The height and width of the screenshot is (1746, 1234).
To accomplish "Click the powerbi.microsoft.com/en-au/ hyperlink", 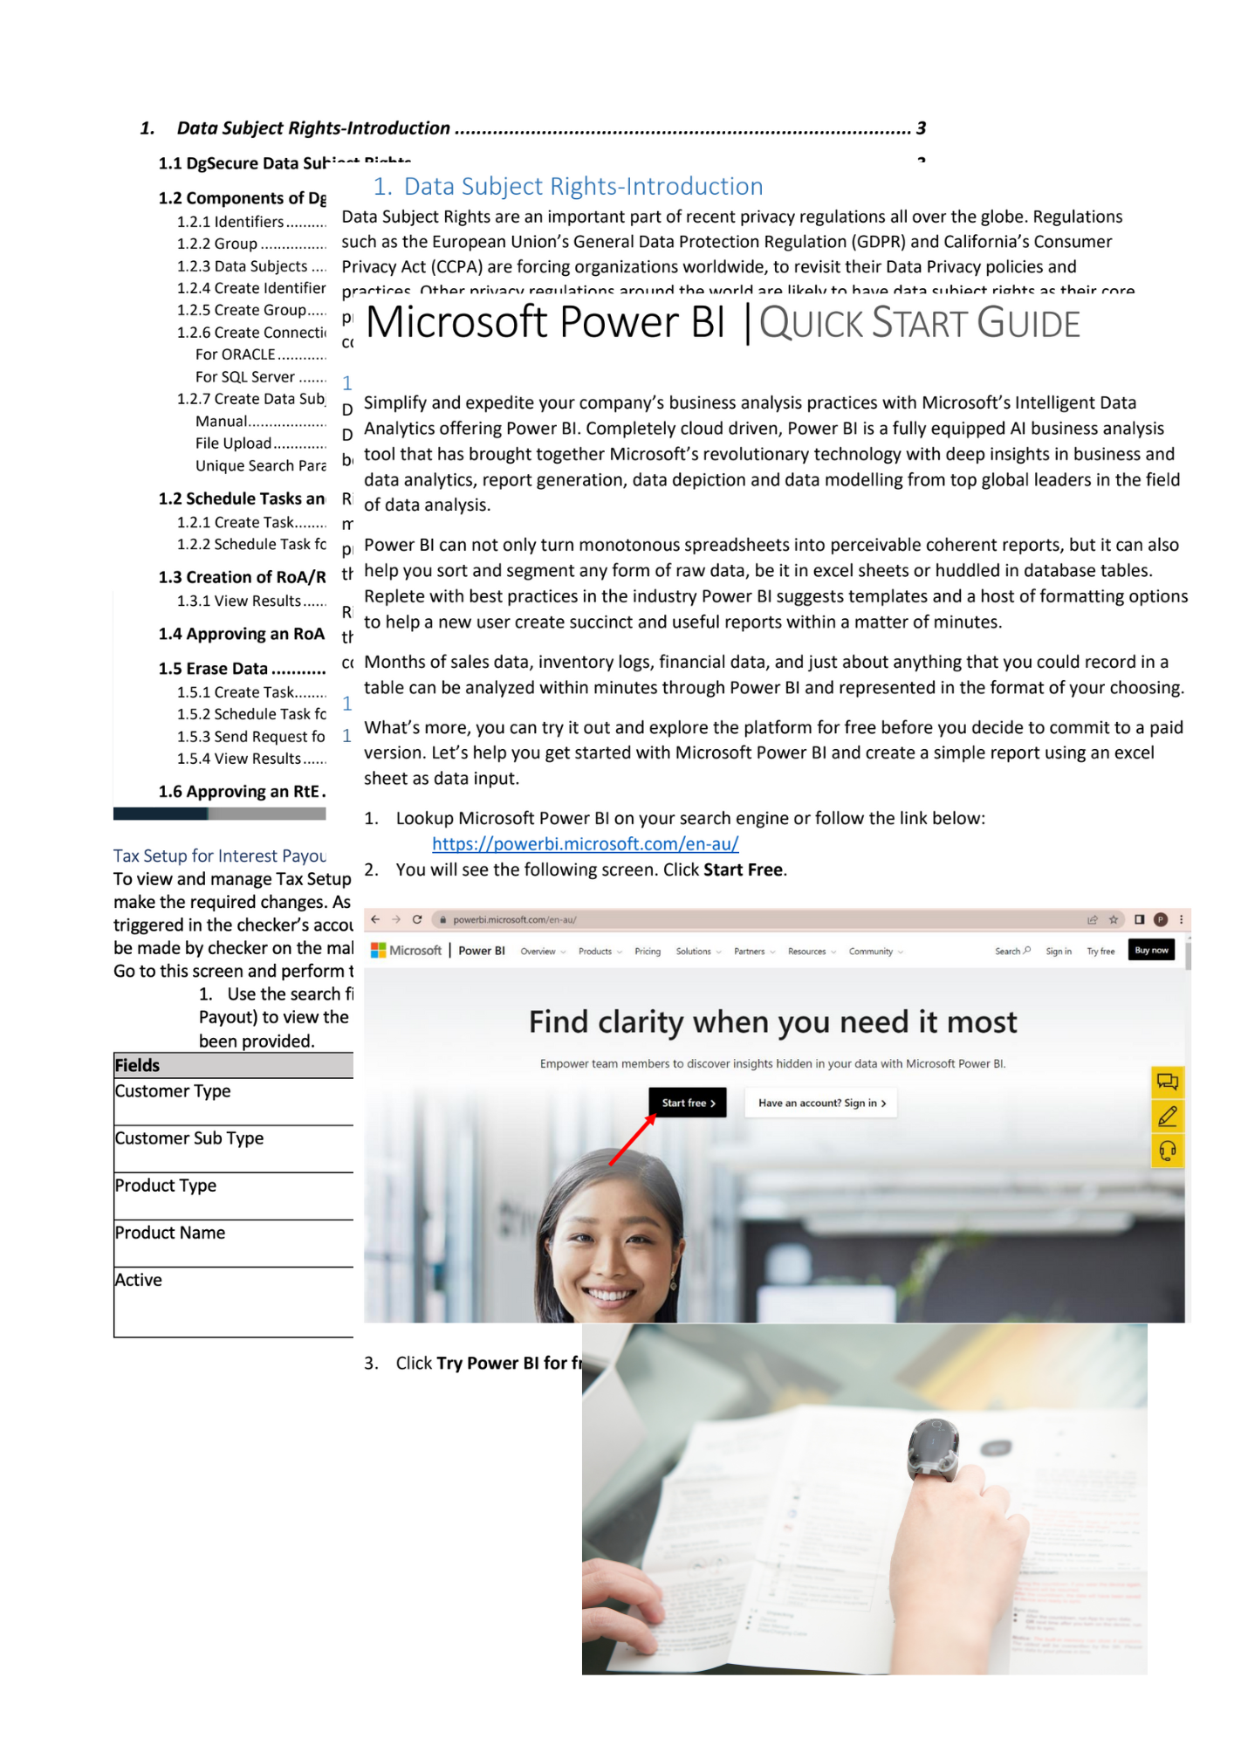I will (x=585, y=844).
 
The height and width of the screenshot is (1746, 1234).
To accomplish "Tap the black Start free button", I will (x=688, y=1103).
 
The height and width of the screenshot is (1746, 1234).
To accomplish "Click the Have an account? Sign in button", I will (x=821, y=1103).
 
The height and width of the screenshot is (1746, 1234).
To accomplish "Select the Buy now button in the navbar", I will (x=1151, y=950).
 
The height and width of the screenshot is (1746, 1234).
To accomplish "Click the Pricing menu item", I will (x=647, y=952).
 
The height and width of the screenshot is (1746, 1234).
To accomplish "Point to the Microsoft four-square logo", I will (x=378, y=951).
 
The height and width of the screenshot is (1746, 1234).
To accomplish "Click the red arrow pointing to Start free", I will (x=632, y=1140).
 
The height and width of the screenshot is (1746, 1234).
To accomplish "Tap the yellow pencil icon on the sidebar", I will (x=1167, y=1117).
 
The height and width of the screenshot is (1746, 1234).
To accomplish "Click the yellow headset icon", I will (x=1167, y=1151).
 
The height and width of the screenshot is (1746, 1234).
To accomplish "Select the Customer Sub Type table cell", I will (x=189, y=1138).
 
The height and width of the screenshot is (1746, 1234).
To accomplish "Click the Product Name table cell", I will (x=170, y=1233).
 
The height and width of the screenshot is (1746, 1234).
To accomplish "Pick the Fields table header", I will (x=138, y=1065).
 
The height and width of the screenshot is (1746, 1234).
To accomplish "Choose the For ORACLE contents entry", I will (x=236, y=354).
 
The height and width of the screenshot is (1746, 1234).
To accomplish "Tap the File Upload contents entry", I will (x=234, y=443).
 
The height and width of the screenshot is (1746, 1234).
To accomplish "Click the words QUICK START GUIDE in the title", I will (x=919, y=324).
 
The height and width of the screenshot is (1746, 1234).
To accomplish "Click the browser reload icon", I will (x=417, y=919).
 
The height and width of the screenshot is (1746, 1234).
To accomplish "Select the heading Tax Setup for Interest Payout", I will (x=220, y=856).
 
